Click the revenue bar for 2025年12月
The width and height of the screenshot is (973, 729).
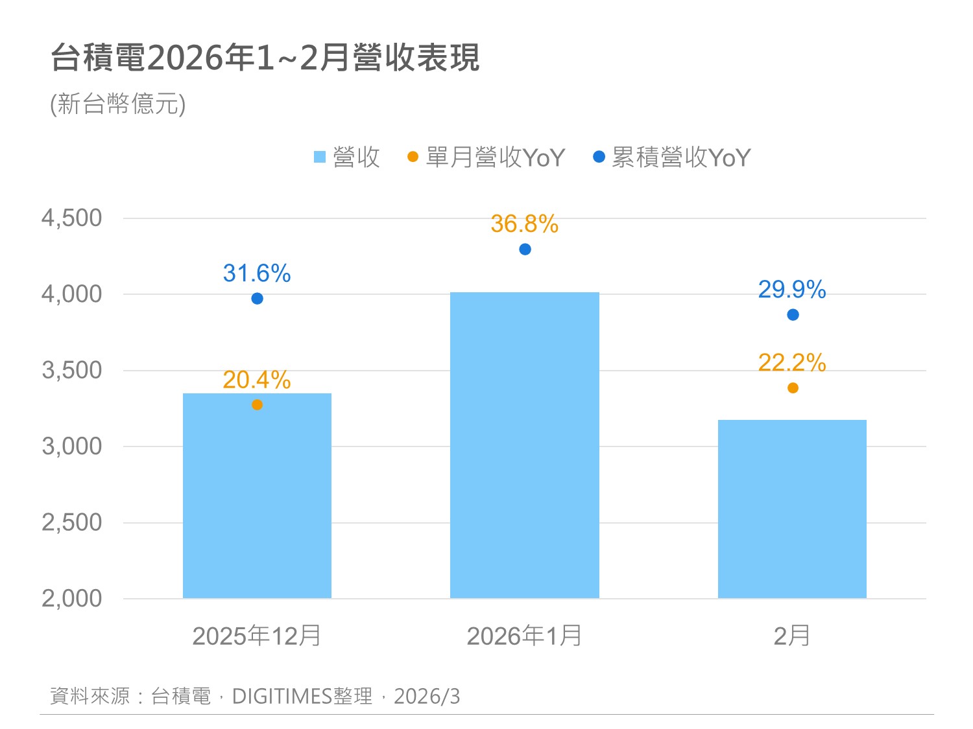coord(257,496)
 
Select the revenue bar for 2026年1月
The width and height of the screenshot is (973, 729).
coord(524,445)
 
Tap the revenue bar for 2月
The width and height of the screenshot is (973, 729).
coord(792,509)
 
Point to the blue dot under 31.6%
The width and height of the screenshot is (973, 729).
coord(257,299)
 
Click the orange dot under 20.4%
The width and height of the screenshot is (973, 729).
coord(257,405)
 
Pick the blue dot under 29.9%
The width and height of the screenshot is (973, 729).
coord(793,315)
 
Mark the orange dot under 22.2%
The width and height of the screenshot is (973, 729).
coord(793,388)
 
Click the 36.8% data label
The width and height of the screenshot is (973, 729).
coord(524,224)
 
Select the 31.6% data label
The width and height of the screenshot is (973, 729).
coord(257,273)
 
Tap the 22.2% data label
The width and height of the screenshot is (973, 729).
coord(792,363)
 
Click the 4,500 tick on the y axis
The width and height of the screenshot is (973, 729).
coord(72,218)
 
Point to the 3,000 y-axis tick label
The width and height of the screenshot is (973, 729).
coord(72,446)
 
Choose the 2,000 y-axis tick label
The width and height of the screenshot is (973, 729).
coord(72,599)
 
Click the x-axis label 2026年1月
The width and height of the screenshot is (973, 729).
coord(524,636)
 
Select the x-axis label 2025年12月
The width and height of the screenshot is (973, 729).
coord(257,636)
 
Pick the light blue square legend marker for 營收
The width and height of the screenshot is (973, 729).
coord(319,157)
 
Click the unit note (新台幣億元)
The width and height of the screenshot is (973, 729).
coord(118,104)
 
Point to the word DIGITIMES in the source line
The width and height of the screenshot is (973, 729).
coord(282,697)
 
